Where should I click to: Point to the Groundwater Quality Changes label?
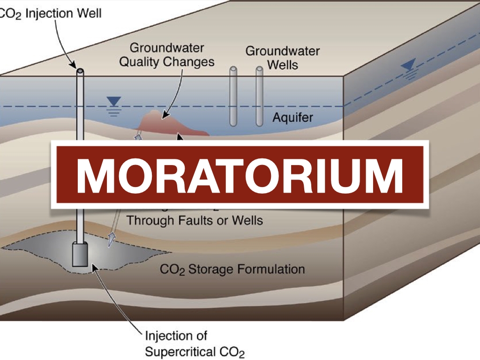(x=167, y=55)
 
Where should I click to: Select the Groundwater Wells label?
(x=283, y=57)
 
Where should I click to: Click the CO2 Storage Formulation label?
(x=232, y=270)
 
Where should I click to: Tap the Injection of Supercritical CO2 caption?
(x=195, y=344)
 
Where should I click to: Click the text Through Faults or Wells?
(x=195, y=220)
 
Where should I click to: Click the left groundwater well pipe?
(x=233, y=96)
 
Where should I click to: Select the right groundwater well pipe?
(x=259, y=96)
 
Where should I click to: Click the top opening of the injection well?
(x=81, y=71)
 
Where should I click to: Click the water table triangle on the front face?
(x=114, y=101)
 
